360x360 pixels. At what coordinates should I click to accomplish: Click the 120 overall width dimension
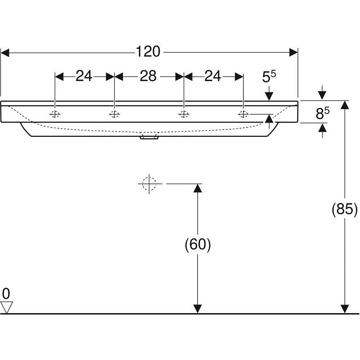tap(148, 51)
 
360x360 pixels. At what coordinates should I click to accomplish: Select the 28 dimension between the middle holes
tap(148, 76)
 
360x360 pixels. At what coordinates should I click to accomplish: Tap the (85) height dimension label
tap(345, 209)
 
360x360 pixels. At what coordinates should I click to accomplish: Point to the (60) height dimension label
tap(198, 244)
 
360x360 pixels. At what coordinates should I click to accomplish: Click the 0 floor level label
tap(6, 294)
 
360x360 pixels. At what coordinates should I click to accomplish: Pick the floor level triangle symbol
tap(6, 307)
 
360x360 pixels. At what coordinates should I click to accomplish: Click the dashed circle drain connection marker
tap(149, 184)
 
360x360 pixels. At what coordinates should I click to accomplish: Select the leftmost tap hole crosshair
tap(55, 114)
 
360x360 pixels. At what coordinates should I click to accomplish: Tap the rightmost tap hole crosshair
tap(243, 114)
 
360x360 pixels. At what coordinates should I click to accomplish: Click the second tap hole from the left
tap(114, 114)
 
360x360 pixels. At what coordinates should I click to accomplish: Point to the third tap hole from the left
tap(184, 114)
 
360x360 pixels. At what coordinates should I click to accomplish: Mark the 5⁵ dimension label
tap(269, 76)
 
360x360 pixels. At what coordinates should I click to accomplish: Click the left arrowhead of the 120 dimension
tap(5, 53)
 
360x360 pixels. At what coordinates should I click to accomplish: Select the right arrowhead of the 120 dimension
tap(294, 53)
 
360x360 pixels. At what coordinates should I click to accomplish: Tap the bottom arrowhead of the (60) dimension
tap(198, 309)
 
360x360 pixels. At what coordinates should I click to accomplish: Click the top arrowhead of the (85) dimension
tap(345, 105)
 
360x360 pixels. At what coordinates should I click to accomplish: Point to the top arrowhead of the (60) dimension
tap(198, 188)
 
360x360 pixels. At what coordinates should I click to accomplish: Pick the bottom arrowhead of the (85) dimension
tap(345, 309)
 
